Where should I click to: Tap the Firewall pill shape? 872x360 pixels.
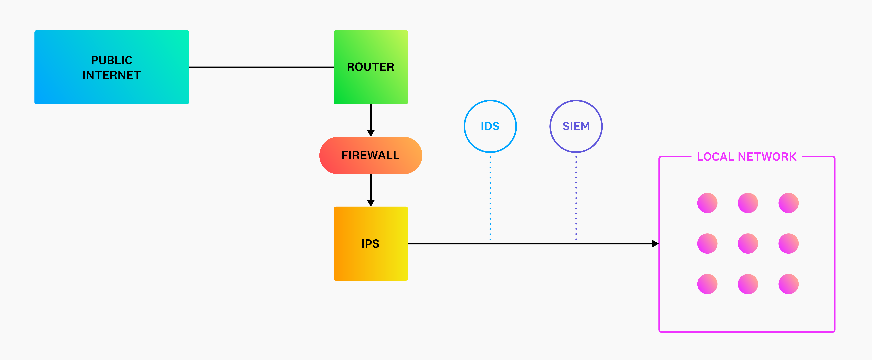point(371,155)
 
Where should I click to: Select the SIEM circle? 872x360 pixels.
point(576,126)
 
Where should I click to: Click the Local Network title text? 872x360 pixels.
point(746,157)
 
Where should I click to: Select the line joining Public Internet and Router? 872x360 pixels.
point(261,67)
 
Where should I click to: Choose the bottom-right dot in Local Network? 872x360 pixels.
point(788,284)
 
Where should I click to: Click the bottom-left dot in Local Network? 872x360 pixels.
point(707,284)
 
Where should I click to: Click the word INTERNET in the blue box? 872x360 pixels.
point(112,75)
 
